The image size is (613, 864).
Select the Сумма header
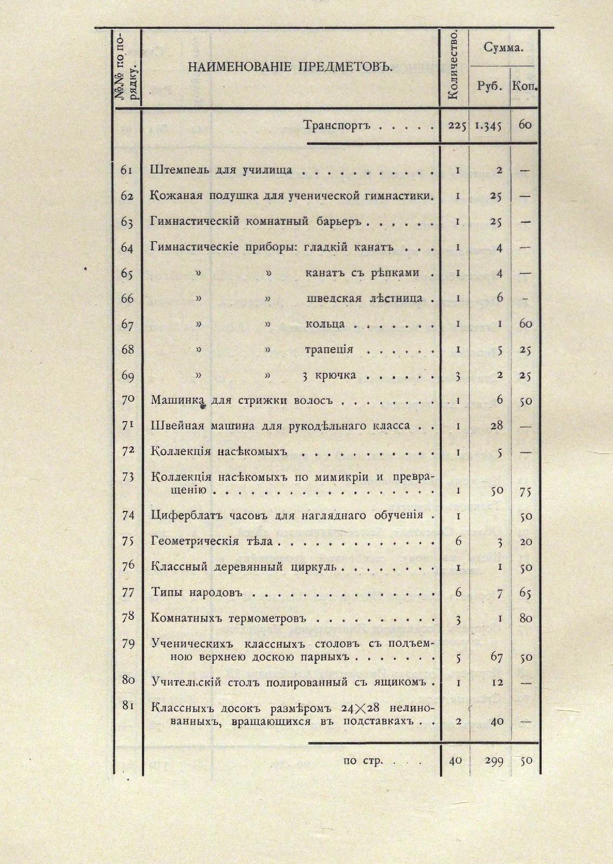(503, 48)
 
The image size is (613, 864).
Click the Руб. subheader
(490, 86)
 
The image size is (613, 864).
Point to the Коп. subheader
(525, 86)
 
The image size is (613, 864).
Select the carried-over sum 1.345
(489, 126)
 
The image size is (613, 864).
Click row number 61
(127, 170)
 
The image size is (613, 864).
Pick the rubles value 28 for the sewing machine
(497, 426)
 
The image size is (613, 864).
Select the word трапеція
(329, 349)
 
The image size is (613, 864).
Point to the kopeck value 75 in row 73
(526, 491)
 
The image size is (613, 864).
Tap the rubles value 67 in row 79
(497, 657)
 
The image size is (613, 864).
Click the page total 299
(494, 761)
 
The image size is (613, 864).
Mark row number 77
(128, 592)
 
